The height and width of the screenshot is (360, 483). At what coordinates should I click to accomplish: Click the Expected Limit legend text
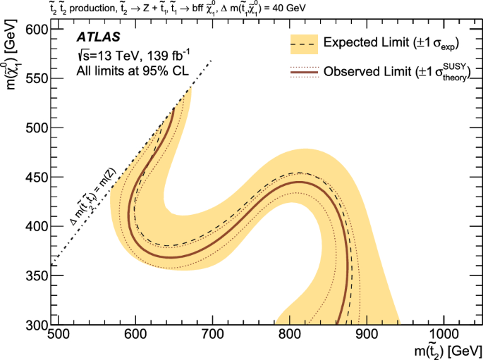click(392, 44)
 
